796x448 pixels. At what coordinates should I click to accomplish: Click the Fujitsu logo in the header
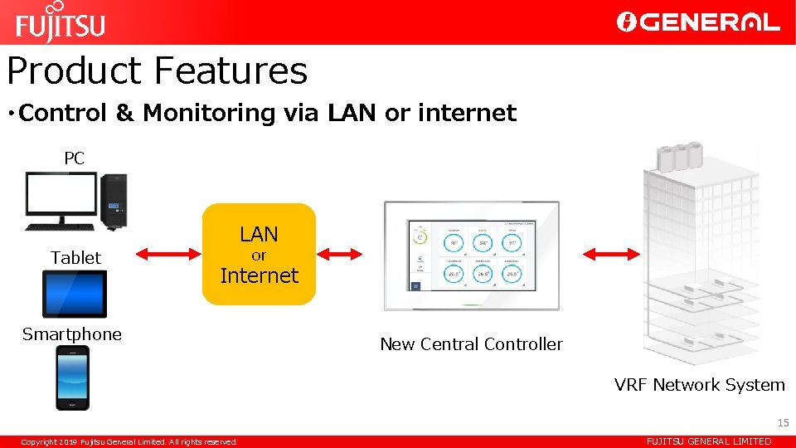[61, 22]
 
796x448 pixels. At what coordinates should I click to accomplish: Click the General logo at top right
[698, 22]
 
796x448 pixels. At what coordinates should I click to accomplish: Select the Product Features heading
[158, 71]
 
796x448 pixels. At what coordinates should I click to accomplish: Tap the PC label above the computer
[75, 158]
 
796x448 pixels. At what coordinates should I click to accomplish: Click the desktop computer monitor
[61, 197]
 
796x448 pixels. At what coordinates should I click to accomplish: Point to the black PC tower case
[114, 202]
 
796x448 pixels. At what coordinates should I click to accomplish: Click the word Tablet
[75, 258]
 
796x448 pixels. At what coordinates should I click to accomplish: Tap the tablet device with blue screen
[75, 294]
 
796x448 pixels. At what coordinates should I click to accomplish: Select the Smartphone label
[72, 334]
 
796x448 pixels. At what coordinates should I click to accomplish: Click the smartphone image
[73, 377]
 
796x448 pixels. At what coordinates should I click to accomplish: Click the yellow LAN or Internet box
[259, 254]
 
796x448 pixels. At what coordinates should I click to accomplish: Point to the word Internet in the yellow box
[259, 275]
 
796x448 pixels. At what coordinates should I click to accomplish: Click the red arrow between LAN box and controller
[340, 254]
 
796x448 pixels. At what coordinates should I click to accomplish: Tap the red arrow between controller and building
[612, 254]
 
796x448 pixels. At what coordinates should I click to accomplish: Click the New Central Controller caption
[471, 344]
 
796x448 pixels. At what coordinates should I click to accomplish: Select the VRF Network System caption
[699, 385]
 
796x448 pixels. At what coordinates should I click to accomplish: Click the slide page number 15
[784, 423]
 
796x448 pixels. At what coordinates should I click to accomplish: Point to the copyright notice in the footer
[129, 441]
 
